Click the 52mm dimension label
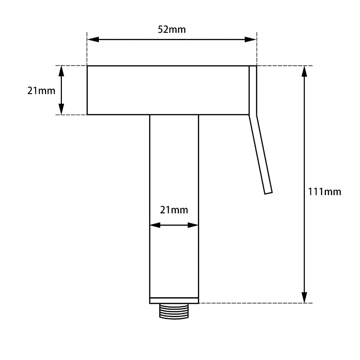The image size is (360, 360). [x=172, y=30]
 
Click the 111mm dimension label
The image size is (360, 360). [x=324, y=192]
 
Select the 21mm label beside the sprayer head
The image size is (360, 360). [x=41, y=91]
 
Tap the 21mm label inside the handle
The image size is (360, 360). [x=174, y=210]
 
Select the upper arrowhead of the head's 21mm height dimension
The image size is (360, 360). [x=62, y=71]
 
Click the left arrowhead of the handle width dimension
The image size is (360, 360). [x=155, y=225]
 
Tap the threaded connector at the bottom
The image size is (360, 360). [x=174, y=311]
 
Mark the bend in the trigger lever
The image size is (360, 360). [x=253, y=115]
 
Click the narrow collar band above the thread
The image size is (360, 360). [x=174, y=301]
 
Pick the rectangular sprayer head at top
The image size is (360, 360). [x=168, y=90]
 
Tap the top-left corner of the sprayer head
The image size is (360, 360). [x=87, y=66]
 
